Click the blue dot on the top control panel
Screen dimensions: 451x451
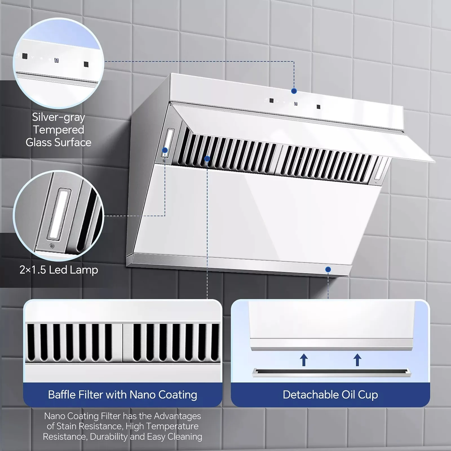(x=294, y=91)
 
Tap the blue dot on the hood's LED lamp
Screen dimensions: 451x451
(x=165, y=150)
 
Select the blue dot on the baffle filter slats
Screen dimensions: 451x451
(x=207, y=159)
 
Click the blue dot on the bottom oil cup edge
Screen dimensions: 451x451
(x=328, y=269)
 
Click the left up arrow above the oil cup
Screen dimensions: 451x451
(x=304, y=360)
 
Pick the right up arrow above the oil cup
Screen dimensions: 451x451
(x=357, y=360)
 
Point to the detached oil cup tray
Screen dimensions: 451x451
(x=331, y=373)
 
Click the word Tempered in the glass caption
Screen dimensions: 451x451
(x=59, y=130)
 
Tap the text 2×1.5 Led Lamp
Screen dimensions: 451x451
(x=59, y=270)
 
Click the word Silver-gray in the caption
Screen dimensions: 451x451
(x=58, y=117)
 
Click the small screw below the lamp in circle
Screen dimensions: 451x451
(x=52, y=246)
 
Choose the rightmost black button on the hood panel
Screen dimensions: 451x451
(x=318, y=107)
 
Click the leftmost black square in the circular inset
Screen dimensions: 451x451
(x=25, y=56)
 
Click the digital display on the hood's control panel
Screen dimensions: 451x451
(x=295, y=104)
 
